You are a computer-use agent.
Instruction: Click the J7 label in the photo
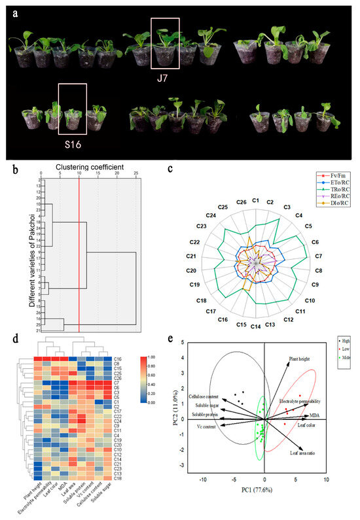164,77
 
